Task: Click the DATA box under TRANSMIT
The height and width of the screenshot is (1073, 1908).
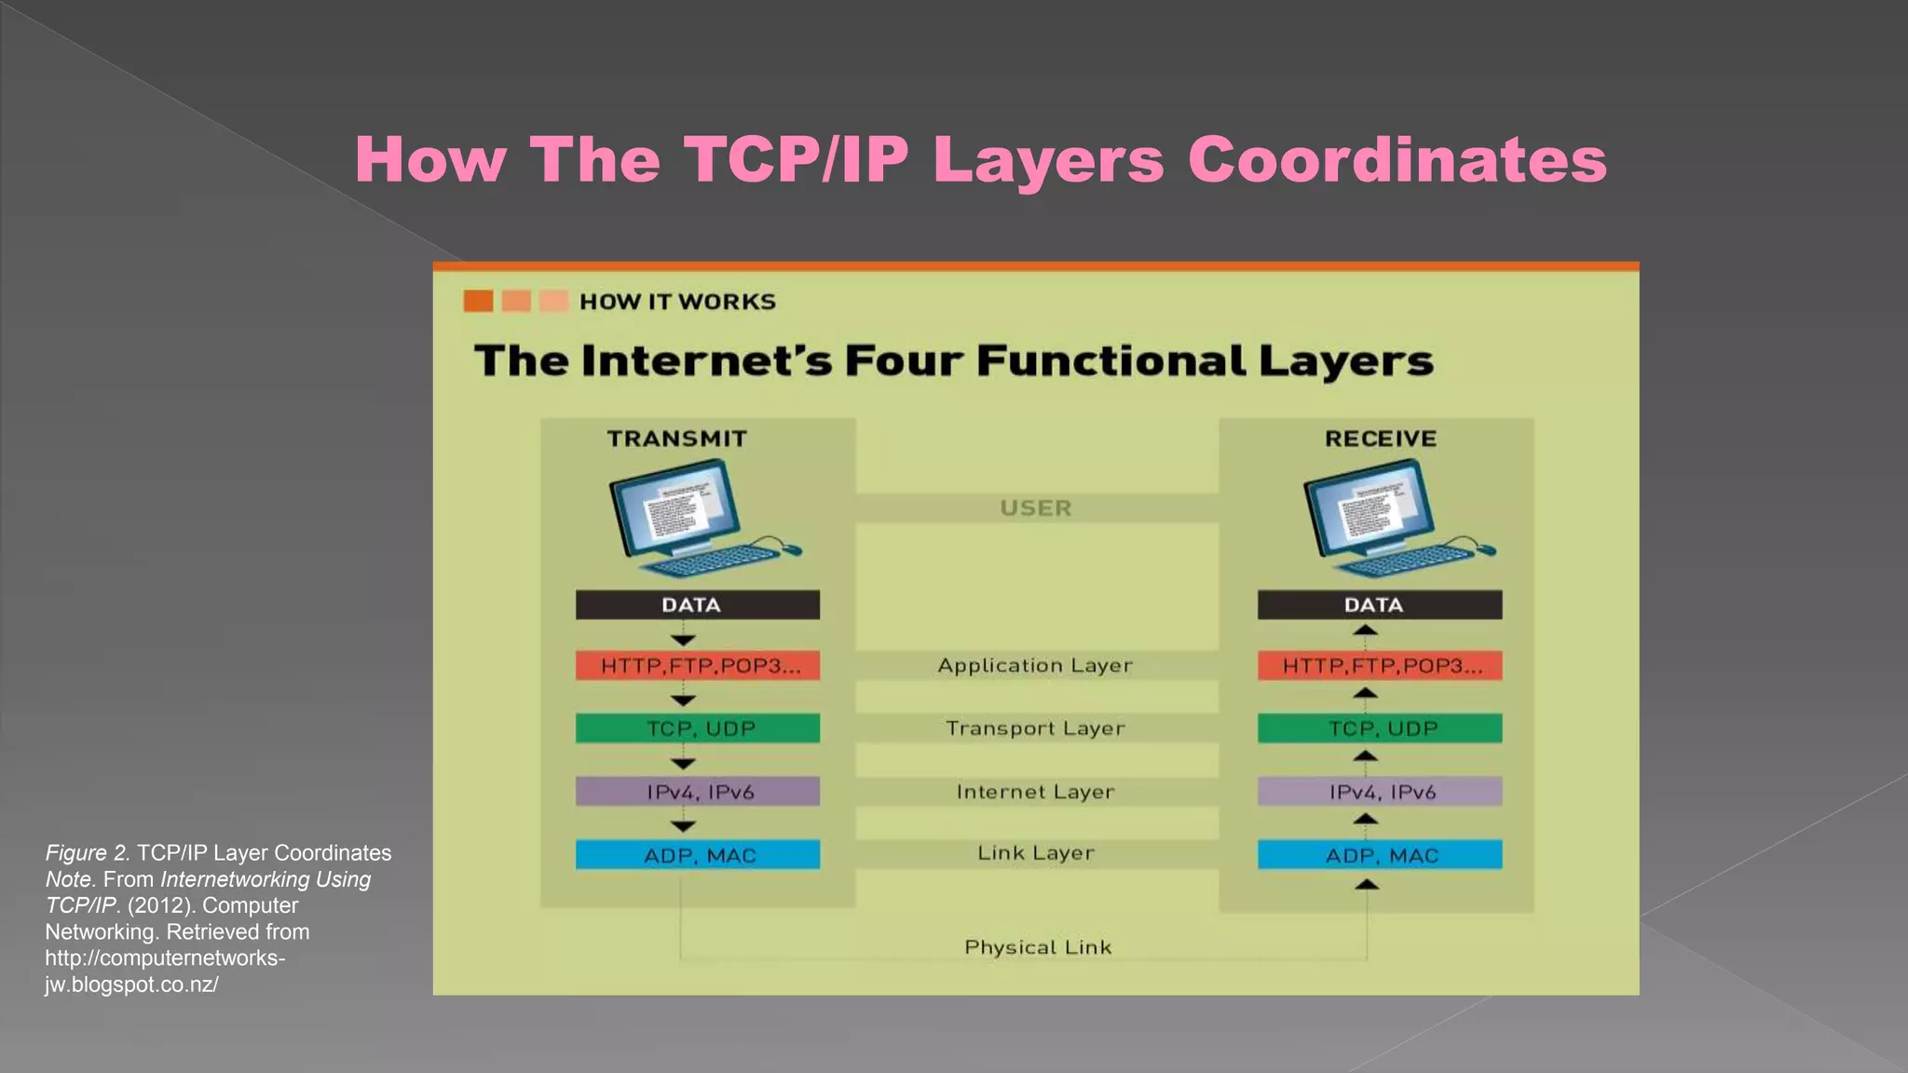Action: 697,604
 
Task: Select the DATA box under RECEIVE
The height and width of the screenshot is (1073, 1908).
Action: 1379,604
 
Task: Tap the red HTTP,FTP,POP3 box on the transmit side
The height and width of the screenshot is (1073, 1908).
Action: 697,666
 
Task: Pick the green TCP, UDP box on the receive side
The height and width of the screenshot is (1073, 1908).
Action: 1379,728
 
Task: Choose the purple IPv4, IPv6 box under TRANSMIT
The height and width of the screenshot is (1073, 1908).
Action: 697,792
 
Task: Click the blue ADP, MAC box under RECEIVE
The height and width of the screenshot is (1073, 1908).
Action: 1379,855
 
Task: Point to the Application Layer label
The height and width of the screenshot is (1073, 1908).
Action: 1035,666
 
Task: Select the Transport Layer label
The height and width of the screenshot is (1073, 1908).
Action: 1035,728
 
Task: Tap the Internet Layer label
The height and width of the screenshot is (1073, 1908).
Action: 1035,792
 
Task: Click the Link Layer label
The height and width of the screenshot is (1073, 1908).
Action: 1035,853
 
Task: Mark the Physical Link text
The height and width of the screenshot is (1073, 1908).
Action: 1038,947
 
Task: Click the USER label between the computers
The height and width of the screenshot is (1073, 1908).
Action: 1036,508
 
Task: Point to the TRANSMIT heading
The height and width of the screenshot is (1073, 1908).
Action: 677,439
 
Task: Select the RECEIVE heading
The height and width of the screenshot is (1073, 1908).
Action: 1381,439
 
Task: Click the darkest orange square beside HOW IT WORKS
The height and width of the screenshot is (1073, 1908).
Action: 478,301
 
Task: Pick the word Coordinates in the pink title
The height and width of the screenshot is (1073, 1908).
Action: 1397,160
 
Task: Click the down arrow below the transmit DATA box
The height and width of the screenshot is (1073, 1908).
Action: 683,640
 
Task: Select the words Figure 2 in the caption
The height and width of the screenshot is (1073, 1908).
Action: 88,853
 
